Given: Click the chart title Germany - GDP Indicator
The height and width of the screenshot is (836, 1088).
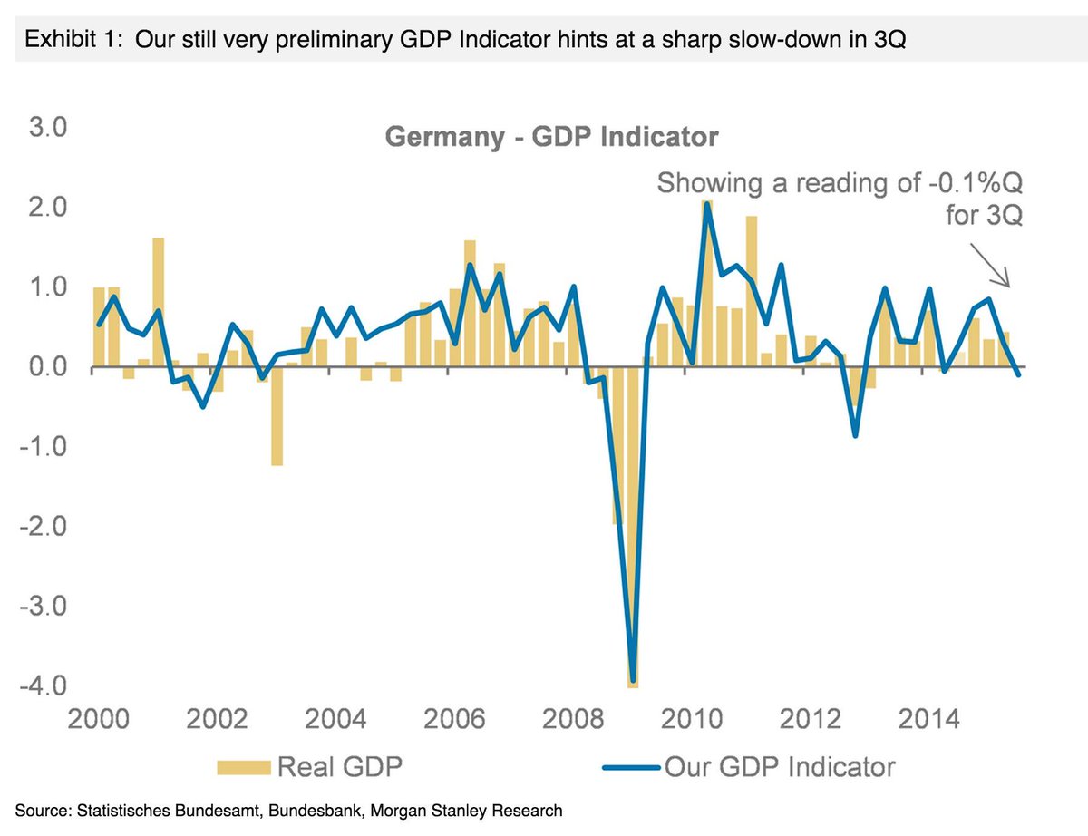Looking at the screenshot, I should pos(551,138).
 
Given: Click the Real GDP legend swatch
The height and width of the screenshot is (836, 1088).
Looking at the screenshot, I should pos(244,767).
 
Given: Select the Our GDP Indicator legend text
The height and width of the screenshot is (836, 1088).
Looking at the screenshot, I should pos(780,767).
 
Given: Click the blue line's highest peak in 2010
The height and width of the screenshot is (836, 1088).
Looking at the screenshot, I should pos(707,203).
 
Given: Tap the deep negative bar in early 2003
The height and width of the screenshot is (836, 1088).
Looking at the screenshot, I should pos(277,417).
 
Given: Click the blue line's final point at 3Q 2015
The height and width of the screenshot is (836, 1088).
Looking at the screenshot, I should pos(1018,374).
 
